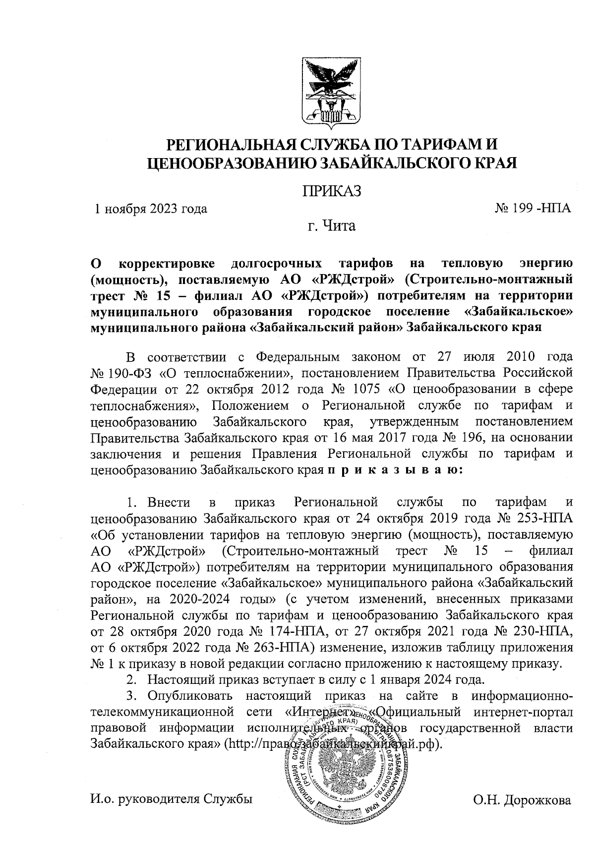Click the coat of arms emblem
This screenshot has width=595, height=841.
(x=332, y=92)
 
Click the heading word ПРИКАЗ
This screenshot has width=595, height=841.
(x=331, y=190)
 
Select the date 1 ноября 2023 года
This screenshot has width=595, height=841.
(x=151, y=209)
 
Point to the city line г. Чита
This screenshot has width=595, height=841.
(x=331, y=226)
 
